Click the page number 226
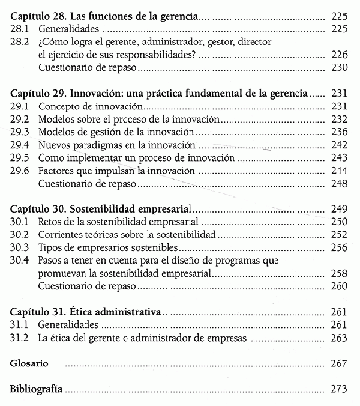pos(340,55)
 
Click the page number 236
pos(340,132)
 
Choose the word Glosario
pos(29,364)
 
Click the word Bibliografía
pos(35,389)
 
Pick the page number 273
pos(340,389)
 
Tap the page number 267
pos(340,364)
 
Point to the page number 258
pos(340,273)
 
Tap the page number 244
pos(340,171)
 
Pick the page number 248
pos(340,183)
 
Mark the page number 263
pos(340,338)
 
